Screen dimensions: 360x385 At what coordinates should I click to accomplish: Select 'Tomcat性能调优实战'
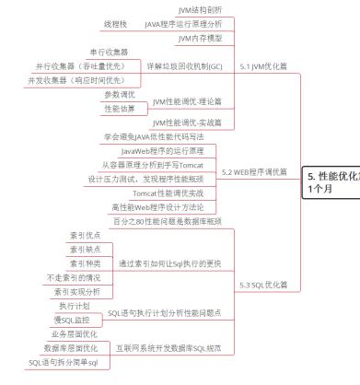click(x=168, y=193)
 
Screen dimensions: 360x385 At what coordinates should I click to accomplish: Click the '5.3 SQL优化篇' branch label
click(x=262, y=286)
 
